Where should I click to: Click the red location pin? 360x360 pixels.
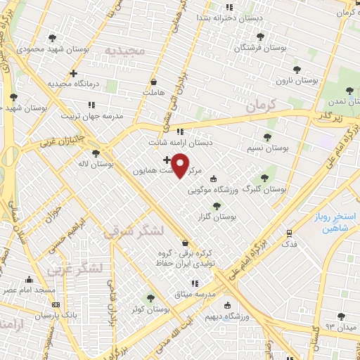click(x=181, y=165)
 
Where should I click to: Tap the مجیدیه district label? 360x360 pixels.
click(x=124, y=51)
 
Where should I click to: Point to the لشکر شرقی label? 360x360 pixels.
click(x=134, y=231)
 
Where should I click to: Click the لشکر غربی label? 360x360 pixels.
click(x=74, y=269)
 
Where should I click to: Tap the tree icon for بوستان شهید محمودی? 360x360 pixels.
click(x=51, y=38)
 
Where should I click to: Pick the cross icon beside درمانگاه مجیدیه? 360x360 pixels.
click(x=73, y=73)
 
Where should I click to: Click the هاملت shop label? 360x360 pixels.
click(x=153, y=91)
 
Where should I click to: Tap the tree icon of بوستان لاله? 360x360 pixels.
click(x=96, y=153)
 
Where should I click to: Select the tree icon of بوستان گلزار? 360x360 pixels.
click(x=216, y=206)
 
